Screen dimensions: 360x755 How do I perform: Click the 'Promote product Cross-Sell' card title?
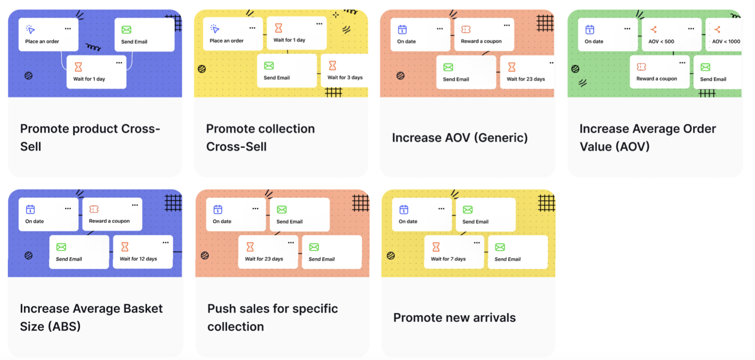pos(90,137)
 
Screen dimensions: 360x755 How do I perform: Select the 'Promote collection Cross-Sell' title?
pos(260,137)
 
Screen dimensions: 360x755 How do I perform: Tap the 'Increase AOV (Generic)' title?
pos(459,138)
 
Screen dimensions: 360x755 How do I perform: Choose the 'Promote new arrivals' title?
pos(454,318)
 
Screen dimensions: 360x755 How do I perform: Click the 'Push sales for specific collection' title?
pos(272,317)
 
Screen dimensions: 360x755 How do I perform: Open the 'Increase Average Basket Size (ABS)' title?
pos(91,317)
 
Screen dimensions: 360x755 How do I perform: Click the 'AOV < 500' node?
pos(671,35)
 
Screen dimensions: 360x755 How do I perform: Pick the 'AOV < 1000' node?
pos(724,35)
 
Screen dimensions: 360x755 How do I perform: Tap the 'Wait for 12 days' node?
pos(142,252)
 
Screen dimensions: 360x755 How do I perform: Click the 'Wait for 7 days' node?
pos(454,252)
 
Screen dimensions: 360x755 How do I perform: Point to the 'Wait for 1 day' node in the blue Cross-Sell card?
pos(96,72)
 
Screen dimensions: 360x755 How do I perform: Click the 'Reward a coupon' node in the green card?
pos(659,72)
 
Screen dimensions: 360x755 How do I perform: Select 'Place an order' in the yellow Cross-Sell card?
pos(233,34)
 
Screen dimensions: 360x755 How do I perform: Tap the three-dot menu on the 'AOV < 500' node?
pos(691,29)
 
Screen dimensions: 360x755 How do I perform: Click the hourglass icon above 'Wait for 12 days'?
pos(125,247)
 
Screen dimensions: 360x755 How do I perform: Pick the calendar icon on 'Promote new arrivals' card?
pos(404,210)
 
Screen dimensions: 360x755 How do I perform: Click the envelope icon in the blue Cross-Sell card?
pos(126,30)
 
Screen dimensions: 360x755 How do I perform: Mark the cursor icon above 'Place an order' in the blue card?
pos(31,30)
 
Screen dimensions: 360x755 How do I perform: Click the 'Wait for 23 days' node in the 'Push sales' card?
pos(267,252)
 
